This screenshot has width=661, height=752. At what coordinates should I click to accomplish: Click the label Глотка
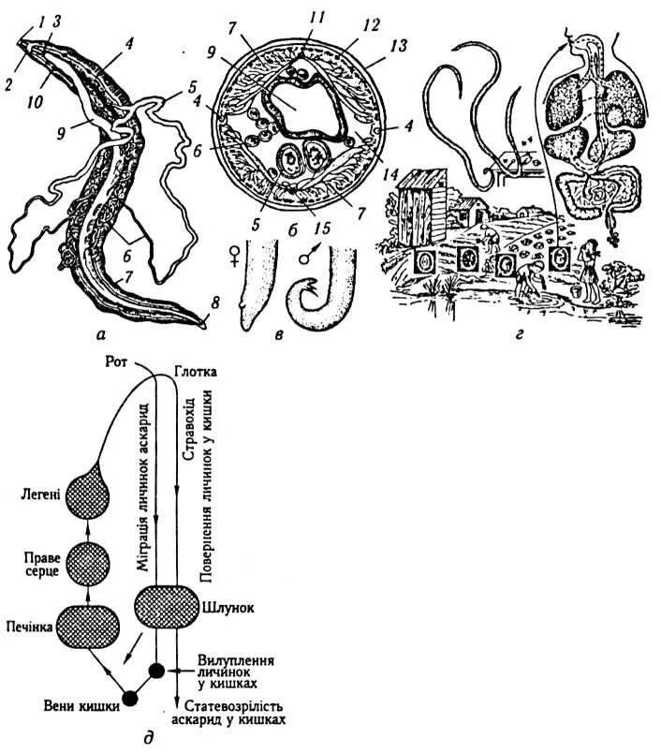coord(198,372)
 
